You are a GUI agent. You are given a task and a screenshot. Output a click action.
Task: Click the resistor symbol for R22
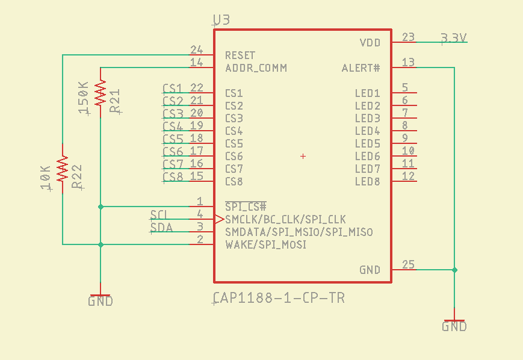(x=62, y=169)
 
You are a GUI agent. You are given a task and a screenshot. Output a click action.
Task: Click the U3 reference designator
(x=221, y=20)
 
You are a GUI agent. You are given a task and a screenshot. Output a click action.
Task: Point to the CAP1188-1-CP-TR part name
(x=279, y=298)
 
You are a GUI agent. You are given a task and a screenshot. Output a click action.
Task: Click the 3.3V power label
(x=454, y=38)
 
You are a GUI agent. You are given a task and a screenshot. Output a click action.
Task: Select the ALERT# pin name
(x=361, y=68)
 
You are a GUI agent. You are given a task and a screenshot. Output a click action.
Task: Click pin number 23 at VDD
(x=408, y=37)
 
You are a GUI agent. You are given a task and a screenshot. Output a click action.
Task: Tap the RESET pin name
(x=240, y=55)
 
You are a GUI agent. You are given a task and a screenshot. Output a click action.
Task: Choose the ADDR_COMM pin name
(x=256, y=68)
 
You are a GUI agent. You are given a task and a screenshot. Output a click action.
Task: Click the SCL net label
(x=159, y=214)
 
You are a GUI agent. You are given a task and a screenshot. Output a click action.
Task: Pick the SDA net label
(x=161, y=227)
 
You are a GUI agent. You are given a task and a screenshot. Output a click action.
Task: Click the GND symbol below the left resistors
(x=101, y=298)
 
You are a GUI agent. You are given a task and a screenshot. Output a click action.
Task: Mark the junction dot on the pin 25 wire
(x=455, y=270)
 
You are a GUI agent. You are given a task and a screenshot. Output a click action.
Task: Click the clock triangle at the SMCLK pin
(x=219, y=220)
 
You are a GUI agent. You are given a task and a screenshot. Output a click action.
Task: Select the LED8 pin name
(x=367, y=182)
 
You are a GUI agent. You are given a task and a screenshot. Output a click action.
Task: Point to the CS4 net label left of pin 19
(x=173, y=126)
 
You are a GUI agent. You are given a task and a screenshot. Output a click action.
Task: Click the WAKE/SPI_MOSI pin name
(x=266, y=245)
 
